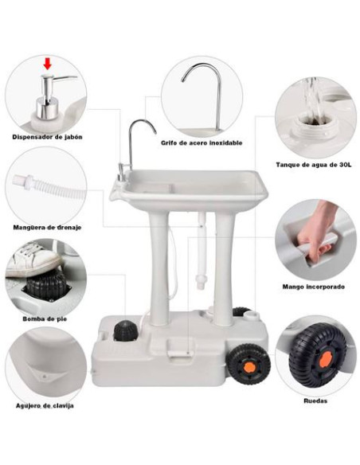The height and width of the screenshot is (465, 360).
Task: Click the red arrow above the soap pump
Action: coord(47,63)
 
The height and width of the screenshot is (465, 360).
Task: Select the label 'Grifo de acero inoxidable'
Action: coord(202,143)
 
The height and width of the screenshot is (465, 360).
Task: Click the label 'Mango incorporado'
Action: coord(312,286)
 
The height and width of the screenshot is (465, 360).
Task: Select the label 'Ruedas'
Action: coord(315,401)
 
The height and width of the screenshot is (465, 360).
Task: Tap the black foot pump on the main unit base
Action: coord(123,331)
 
